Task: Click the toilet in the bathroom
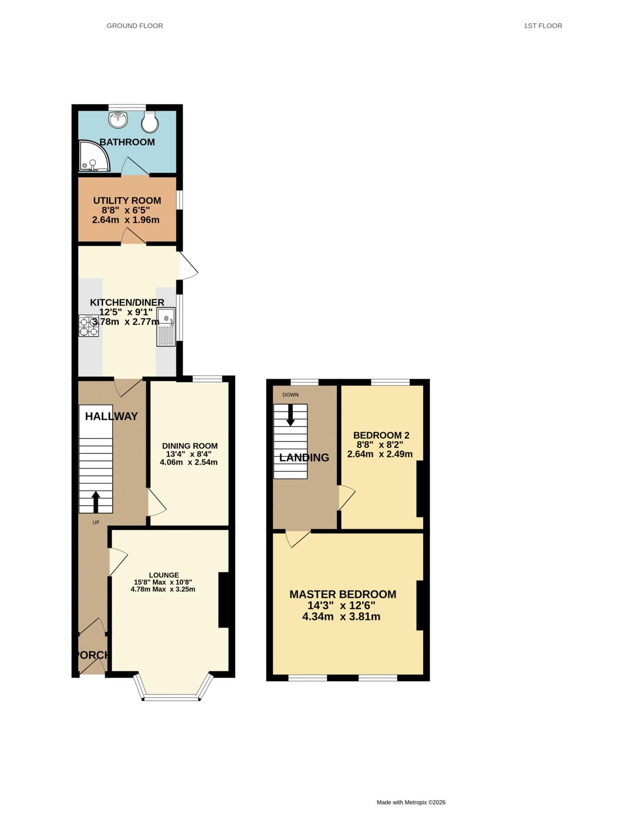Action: pos(150,121)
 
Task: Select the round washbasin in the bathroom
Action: pos(118,119)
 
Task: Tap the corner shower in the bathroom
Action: pos(93,156)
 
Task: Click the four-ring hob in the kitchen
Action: pos(89,326)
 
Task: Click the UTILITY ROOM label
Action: pos(127,201)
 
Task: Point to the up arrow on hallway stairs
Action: pos(96,501)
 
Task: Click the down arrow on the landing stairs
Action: pos(290,416)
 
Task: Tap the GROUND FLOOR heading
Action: pos(135,26)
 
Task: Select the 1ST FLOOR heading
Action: pos(543,26)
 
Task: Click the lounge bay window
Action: pos(172,690)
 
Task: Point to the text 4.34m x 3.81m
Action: pos(341,617)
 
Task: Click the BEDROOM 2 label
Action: pos(381,435)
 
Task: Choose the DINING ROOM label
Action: pos(190,446)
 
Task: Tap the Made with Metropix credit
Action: pos(411,802)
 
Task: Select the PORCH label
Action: pos(92,655)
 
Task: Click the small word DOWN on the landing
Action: pos(290,395)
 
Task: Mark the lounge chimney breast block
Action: pos(223,600)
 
